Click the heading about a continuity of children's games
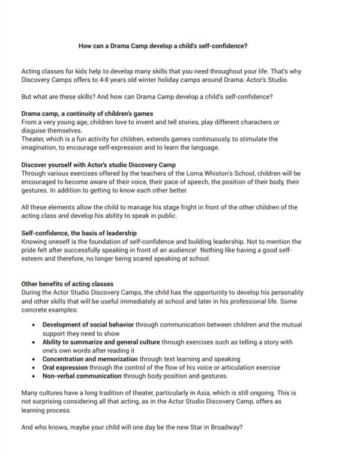[87, 113]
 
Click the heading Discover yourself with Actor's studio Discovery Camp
[98, 164]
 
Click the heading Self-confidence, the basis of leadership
[79, 233]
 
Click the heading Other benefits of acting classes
[67, 284]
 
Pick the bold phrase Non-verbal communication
[82, 376]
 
